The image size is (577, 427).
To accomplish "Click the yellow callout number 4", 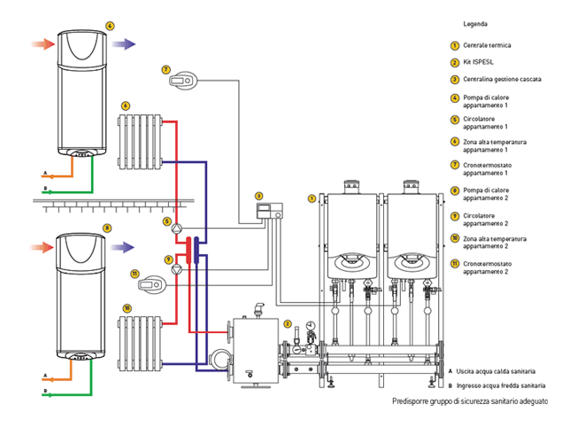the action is (110, 26).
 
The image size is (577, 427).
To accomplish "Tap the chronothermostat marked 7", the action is (183, 81).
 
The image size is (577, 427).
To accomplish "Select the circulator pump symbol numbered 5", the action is (177, 229).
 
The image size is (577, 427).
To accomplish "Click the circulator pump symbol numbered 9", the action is (177, 269).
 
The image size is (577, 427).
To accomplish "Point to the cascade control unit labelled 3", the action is (269, 211).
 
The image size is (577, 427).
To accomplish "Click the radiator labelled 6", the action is (140, 142).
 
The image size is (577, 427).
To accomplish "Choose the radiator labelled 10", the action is (140, 344).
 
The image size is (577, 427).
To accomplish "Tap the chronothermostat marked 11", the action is (152, 284).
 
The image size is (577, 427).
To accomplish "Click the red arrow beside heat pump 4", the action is (43, 43).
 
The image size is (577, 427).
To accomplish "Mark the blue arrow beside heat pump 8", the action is (122, 247).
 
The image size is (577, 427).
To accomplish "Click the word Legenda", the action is (475, 24).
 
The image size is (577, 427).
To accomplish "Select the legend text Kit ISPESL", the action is (478, 62).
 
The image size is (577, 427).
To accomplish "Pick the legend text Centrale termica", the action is (487, 45).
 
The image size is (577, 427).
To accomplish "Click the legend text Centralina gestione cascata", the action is (502, 79).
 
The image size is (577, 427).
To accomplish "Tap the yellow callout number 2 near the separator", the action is (288, 324).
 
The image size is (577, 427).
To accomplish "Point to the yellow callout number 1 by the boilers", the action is (312, 198).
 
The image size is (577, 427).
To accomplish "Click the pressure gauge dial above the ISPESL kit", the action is (311, 326).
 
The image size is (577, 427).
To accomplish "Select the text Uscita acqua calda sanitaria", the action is (496, 371).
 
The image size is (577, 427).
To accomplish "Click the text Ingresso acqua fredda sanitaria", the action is (501, 385).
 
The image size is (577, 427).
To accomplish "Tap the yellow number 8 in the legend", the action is (455, 190).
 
